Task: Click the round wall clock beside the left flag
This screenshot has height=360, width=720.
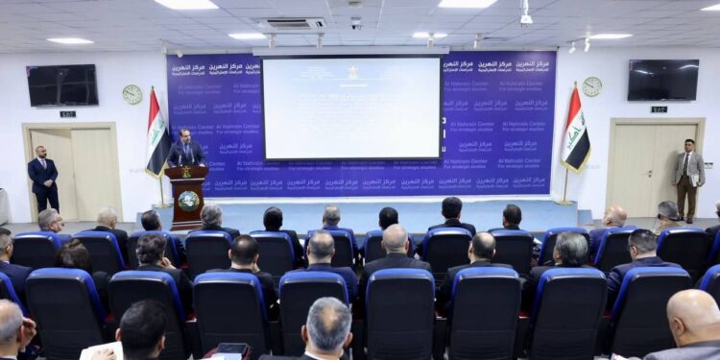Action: (x=132, y=94)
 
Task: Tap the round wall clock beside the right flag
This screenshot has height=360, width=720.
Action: (x=591, y=86)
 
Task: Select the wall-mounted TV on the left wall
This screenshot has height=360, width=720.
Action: (x=62, y=84)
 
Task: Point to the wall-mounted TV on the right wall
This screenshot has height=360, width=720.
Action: (x=663, y=80)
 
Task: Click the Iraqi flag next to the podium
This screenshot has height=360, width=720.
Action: (x=156, y=134)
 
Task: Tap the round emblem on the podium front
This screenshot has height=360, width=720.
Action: (x=188, y=201)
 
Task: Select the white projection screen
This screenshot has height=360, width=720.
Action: (x=351, y=108)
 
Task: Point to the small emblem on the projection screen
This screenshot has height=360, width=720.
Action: (x=352, y=72)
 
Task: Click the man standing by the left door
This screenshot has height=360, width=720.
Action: (x=42, y=178)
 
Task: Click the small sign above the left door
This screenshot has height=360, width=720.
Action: (x=67, y=114)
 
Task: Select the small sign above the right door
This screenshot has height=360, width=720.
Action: (x=659, y=109)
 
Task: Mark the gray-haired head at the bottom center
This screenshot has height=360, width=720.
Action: (x=327, y=327)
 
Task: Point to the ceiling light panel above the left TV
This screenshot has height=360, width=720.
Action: (x=70, y=40)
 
